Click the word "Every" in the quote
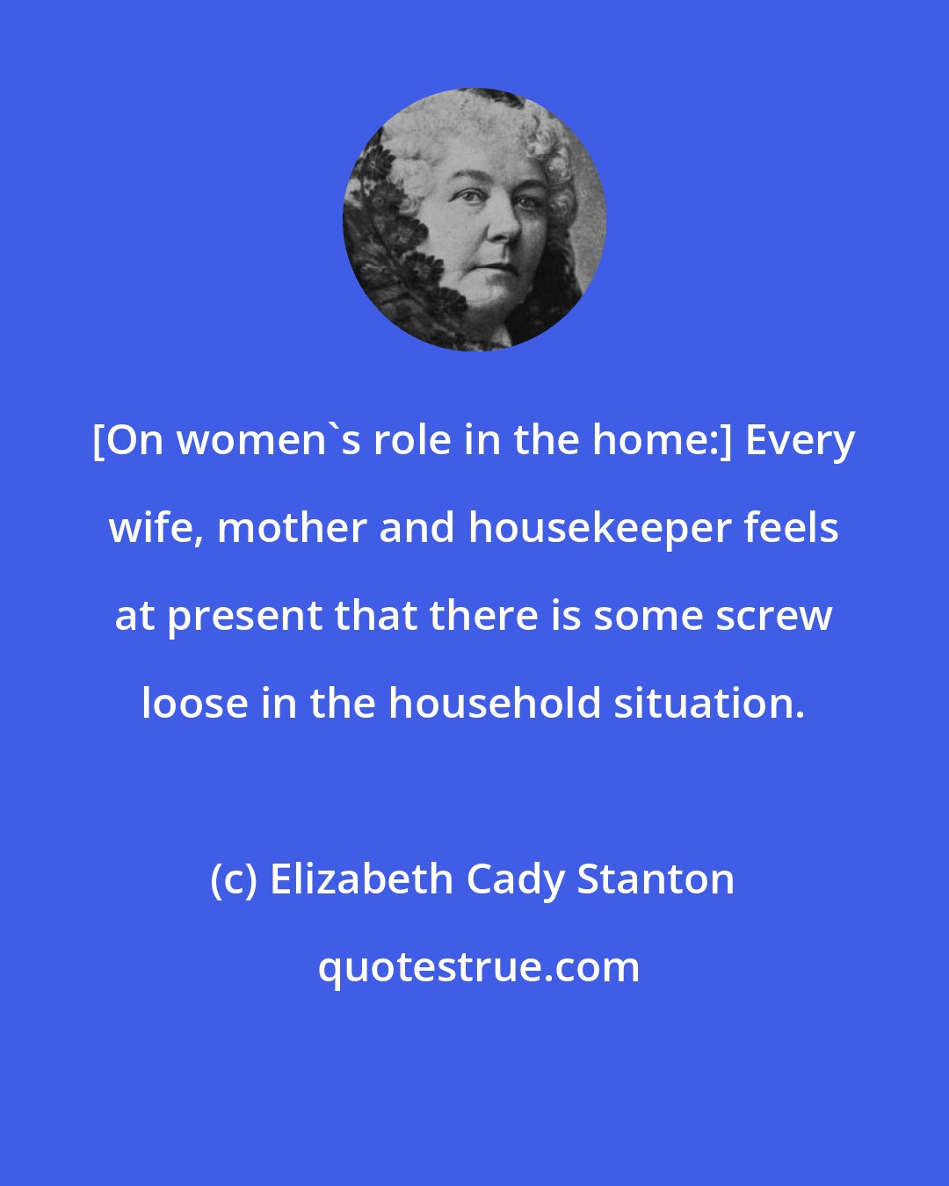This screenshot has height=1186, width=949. point(800,441)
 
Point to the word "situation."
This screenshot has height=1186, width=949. point(709,705)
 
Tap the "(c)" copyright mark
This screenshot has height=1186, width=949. point(234,879)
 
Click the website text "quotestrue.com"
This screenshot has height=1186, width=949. point(479,968)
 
